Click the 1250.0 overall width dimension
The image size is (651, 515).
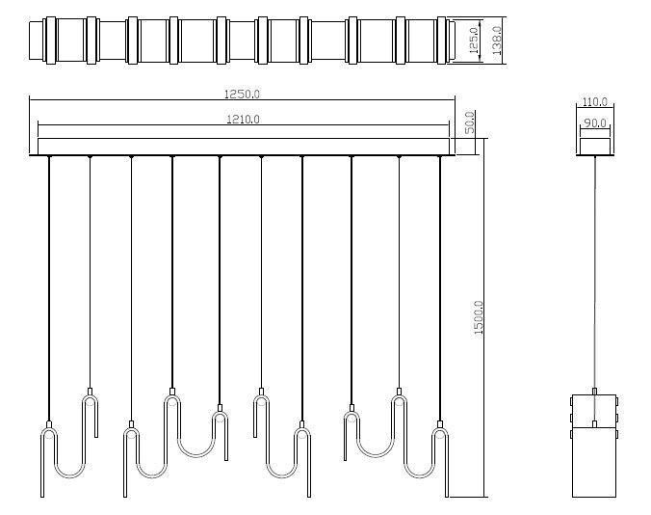pyautogui.click(x=242, y=94)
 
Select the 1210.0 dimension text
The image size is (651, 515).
pyautogui.click(x=242, y=120)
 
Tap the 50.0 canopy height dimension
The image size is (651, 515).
pyautogui.click(x=470, y=123)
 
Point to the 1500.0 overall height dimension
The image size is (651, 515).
pyautogui.click(x=479, y=317)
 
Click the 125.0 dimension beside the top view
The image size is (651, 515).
pyautogui.click(x=473, y=41)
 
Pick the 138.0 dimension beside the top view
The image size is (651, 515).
pyautogui.click(x=496, y=41)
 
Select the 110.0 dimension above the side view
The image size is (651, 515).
pyautogui.click(x=594, y=102)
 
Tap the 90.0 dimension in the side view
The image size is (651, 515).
pyautogui.click(x=594, y=123)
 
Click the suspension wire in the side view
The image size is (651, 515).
pyautogui.click(x=594, y=270)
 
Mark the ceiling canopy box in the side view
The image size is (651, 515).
pyautogui.click(x=594, y=146)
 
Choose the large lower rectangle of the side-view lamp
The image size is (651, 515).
pyautogui.click(x=594, y=463)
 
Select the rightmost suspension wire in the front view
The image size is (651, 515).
pyautogui.click(x=440, y=289)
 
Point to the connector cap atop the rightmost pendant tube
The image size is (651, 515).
pyautogui.click(x=440, y=424)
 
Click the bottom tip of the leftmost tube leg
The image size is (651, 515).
pyautogui.click(x=42, y=496)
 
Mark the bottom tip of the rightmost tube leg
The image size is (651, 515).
pyautogui.click(x=447, y=496)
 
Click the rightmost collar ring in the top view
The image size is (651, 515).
pyautogui.click(x=441, y=41)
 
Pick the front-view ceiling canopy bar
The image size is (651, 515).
pyautogui.click(x=242, y=146)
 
